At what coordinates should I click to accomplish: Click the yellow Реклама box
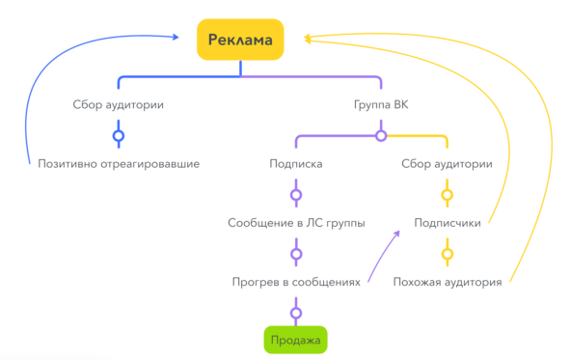240,40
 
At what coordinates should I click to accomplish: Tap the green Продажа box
295,340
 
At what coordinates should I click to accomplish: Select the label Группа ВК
381,105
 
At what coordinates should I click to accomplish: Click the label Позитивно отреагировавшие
119,164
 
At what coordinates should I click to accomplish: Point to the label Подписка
296,164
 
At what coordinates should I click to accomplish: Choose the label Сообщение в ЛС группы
296,223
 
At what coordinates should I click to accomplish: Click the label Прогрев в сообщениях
296,282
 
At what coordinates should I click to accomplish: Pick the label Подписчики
448,223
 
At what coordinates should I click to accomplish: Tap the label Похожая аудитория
448,282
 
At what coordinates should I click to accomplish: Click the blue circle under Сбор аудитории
119,136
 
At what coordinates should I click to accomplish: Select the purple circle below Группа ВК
381,136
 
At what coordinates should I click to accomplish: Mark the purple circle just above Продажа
296,313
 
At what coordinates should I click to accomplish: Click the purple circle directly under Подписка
296,195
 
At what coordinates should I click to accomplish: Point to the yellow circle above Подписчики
448,195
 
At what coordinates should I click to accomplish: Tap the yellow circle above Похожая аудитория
448,254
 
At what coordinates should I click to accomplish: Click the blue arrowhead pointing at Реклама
176,37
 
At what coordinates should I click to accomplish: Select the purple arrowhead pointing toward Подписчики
396,234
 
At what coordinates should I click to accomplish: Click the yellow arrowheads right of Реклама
308,39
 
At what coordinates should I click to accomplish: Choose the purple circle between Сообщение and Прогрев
296,254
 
